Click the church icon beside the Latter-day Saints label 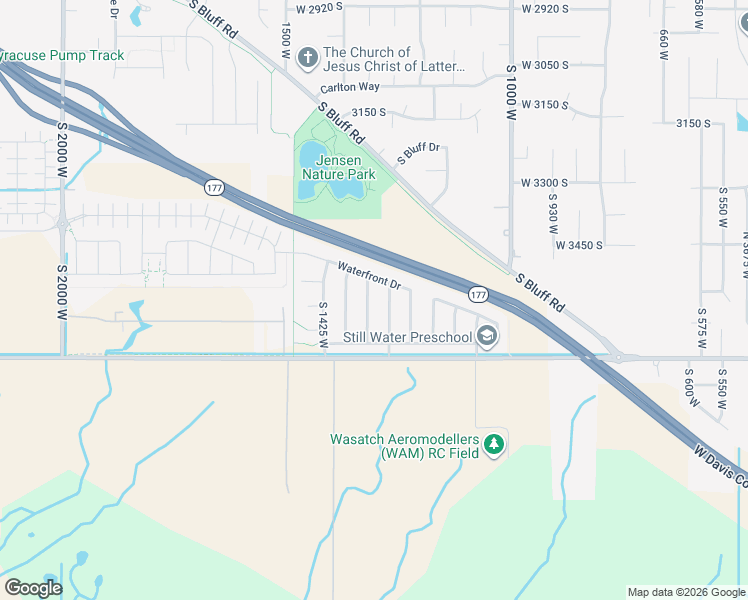[x=307, y=59]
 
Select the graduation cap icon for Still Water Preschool [x=487, y=336]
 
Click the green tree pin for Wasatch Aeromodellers [x=493, y=445]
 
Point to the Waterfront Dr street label [x=369, y=276]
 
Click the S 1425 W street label [x=323, y=326]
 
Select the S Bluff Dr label [x=419, y=154]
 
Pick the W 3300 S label [x=544, y=183]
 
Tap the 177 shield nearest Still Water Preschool [x=478, y=294]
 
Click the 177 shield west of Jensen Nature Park [x=215, y=187]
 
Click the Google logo [x=33, y=588]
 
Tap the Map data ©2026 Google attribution [x=685, y=592]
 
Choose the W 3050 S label [x=544, y=65]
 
